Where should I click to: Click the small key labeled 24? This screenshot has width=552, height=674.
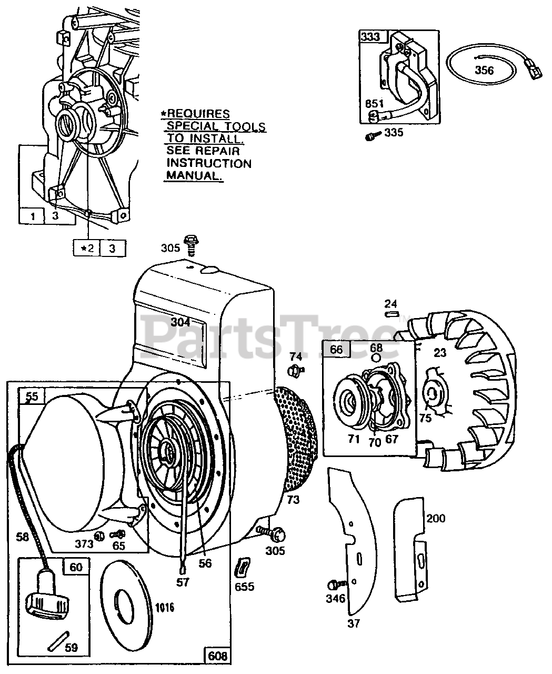coord(391,314)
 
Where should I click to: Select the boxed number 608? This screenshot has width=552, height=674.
coord(217,656)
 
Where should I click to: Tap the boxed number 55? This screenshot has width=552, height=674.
coord(32,396)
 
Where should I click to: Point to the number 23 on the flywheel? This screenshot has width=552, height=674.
coord(440,353)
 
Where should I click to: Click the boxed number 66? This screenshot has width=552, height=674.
coord(336,349)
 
